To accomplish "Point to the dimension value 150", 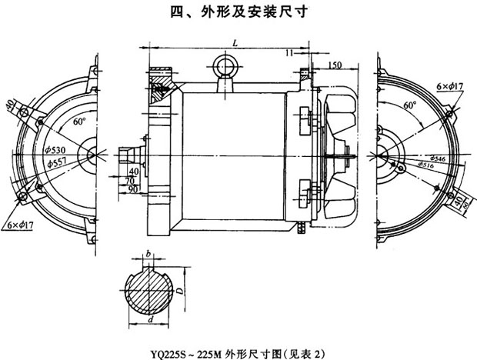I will tap(335, 65).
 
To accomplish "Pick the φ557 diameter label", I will tap(57, 163).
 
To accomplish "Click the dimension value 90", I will tap(135, 188).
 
